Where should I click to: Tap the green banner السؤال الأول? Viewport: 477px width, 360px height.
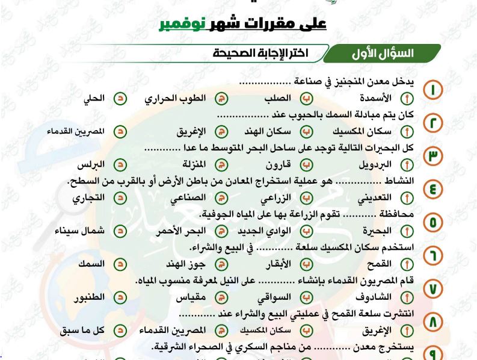[383, 54]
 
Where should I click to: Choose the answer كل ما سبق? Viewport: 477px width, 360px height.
[83, 331]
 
